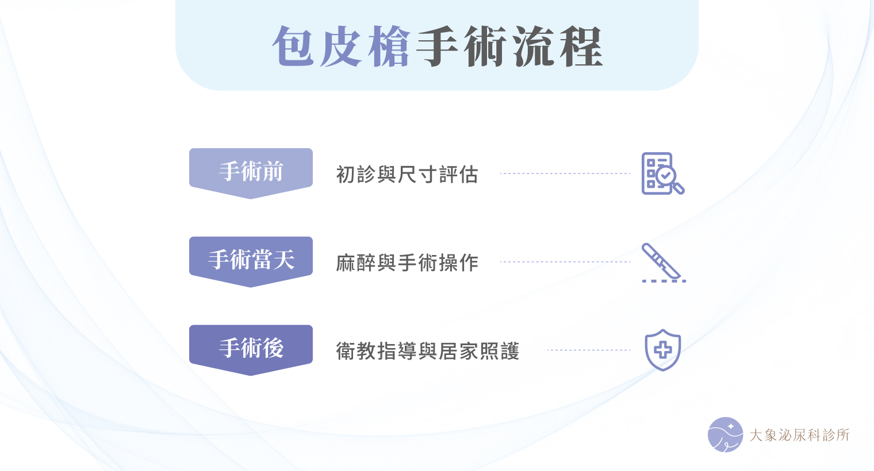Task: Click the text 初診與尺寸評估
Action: (407, 174)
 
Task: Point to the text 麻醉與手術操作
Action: (407, 262)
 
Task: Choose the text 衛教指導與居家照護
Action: (428, 351)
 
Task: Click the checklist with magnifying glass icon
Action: (663, 173)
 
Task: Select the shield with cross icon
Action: (663, 350)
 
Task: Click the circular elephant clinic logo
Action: (725, 435)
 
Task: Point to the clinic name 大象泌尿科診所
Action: (799, 435)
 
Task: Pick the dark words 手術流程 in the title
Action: (509, 47)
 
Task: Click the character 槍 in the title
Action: (389, 47)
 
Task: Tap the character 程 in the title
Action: (582, 47)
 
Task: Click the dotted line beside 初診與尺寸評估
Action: (565, 173)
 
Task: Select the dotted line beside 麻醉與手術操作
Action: (565, 262)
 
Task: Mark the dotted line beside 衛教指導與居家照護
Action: (589, 350)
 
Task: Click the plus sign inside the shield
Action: (663, 350)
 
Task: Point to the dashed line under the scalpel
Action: (664, 281)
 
